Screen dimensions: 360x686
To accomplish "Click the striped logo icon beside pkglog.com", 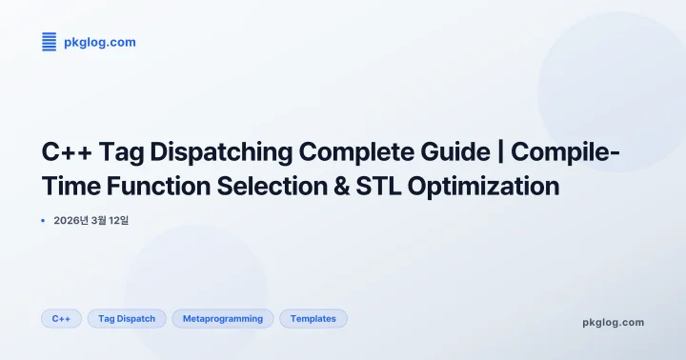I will [x=49, y=41].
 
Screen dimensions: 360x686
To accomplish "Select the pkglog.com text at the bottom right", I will [x=613, y=322].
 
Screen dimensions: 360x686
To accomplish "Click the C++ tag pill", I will [x=61, y=318].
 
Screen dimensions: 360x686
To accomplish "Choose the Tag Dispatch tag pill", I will [x=127, y=318].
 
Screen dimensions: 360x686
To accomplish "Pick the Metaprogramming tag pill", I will [x=222, y=318].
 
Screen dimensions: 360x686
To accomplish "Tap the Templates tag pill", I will [x=313, y=318].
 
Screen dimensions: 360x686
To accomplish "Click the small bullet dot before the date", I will [x=44, y=221].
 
